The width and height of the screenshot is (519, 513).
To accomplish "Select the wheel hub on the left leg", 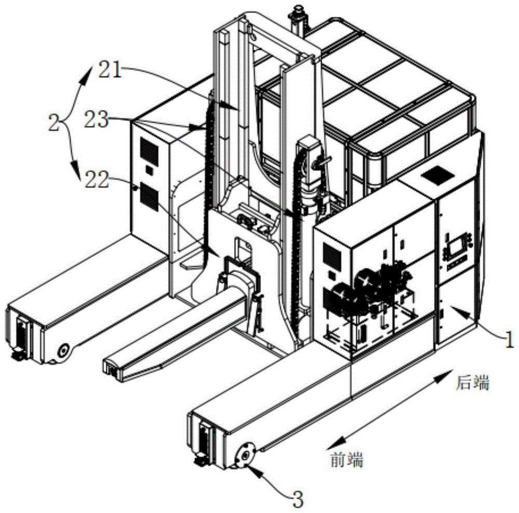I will pos(63,350).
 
